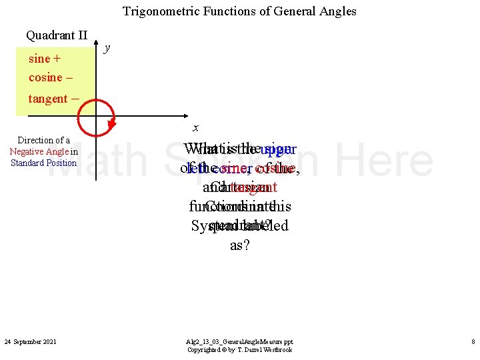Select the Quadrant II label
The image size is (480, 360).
57,35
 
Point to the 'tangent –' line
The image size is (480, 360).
54,99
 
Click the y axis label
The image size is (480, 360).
108,48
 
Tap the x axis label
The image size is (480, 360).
195,127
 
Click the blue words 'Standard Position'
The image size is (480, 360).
43,163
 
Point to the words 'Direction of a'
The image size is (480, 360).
43,140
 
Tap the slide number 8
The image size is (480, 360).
473,342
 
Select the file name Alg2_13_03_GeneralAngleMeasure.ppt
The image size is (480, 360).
239,341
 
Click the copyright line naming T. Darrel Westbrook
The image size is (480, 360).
239,349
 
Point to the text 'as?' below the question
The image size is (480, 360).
239,245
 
